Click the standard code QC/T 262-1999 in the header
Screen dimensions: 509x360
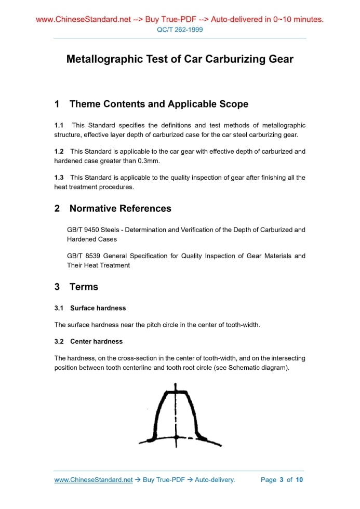pos(180,30)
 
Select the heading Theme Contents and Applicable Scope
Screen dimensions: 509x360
pos(158,104)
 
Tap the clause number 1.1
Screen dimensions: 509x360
pos(59,125)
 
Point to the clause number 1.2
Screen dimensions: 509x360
pos(59,152)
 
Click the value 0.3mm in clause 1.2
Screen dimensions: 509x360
pos(148,161)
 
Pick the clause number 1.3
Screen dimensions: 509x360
pos(59,178)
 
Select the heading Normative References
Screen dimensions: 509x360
pos(120,208)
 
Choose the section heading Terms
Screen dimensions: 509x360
pos(84,287)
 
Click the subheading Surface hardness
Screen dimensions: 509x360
pos(98,308)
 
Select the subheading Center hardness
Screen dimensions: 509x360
pos(96,341)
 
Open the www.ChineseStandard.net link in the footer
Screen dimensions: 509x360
pos(94,480)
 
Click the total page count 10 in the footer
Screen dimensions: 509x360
pos(299,480)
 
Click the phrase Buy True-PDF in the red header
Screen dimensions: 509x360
pos(169,20)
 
